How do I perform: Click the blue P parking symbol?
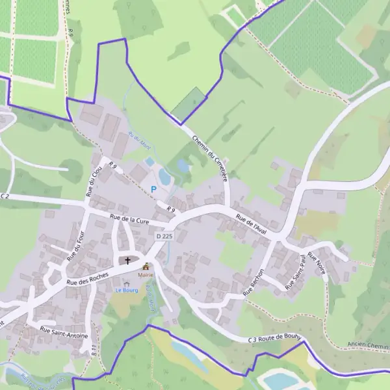(154, 189)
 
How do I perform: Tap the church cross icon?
(127, 261)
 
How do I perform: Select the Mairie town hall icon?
(146, 266)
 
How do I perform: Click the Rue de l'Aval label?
(252, 224)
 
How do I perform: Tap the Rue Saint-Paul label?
(294, 272)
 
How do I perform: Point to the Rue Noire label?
(317, 263)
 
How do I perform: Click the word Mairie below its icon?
(146, 275)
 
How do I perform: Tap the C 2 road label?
(5, 196)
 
